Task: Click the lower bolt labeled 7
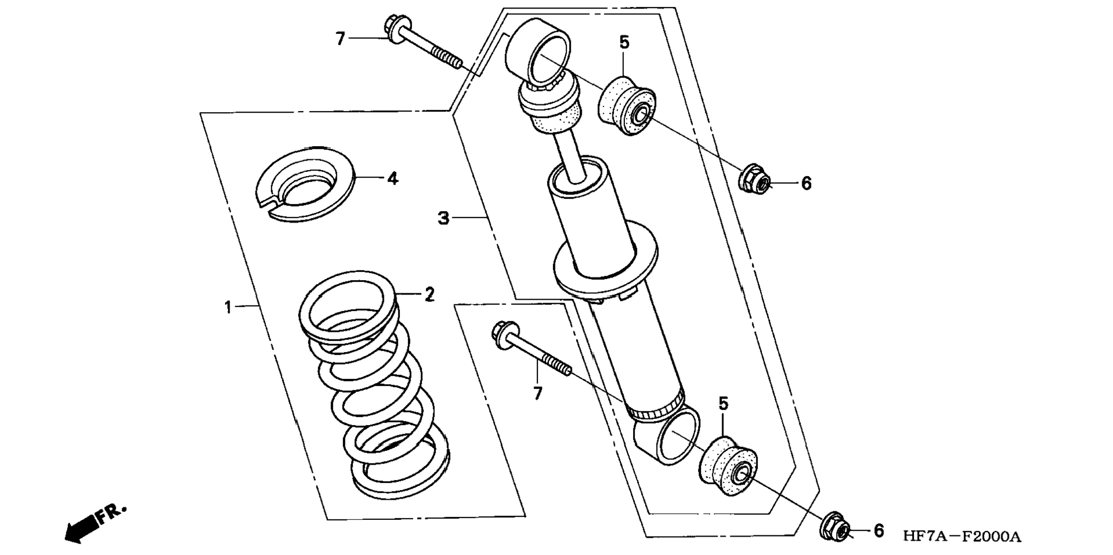pos(530,351)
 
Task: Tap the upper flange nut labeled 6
pos(754,179)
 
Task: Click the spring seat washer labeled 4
pos(305,183)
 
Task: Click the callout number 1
pos(228,308)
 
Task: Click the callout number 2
pos(429,295)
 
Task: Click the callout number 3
pos(443,219)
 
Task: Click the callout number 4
pos(392,179)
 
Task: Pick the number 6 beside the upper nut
pos(806,184)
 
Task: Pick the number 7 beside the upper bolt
pos(340,39)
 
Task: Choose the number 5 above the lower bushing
pos(723,404)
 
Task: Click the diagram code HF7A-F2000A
pos(961,537)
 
